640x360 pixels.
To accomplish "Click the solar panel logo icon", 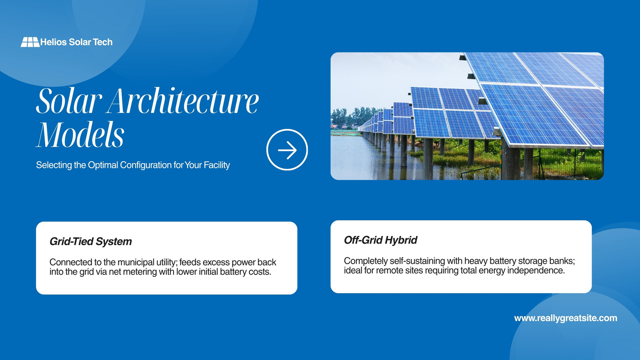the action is pyautogui.click(x=30, y=42).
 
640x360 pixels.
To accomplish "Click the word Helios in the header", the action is pyautogui.click(x=54, y=42).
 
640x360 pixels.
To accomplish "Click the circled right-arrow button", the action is pyautogui.click(x=287, y=150).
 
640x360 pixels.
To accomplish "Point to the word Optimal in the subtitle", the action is pyautogui.click(x=103, y=165).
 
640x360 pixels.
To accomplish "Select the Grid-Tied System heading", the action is pyautogui.click(x=90, y=242).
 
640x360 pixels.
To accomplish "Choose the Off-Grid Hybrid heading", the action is pyautogui.click(x=380, y=240).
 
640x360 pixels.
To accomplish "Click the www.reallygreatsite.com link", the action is pyautogui.click(x=566, y=318).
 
